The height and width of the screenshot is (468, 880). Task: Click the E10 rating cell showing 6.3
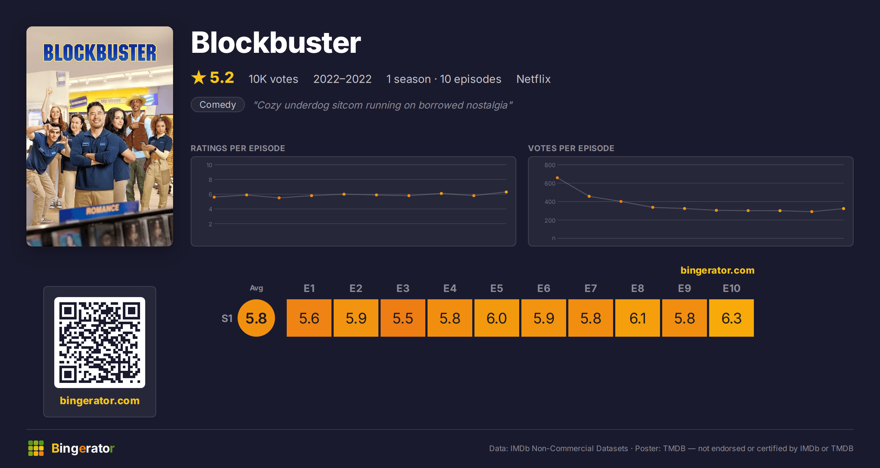(731, 318)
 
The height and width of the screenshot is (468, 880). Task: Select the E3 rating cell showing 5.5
(403, 318)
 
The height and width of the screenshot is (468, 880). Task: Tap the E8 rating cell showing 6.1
(638, 318)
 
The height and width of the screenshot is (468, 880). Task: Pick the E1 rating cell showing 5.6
(309, 318)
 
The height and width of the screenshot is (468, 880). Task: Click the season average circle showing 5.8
(256, 318)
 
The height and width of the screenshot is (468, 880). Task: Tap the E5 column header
(497, 288)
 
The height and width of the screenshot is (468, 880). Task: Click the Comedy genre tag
(218, 105)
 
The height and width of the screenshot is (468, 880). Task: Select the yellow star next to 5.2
(199, 77)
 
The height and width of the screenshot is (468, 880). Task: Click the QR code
(100, 343)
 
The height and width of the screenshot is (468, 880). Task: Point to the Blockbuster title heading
(276, 43)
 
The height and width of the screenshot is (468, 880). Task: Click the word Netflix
(533, 79)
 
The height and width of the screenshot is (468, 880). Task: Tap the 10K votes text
(274, 79)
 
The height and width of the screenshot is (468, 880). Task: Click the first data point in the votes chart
(557, 178)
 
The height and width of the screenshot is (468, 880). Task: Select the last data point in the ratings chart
(506, 192)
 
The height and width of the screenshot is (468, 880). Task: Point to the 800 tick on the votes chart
(550, 165)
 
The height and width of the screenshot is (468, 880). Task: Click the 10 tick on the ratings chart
(209, 165)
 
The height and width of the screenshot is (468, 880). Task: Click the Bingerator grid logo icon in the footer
(36, 448)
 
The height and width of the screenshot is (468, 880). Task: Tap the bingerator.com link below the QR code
(100, 401)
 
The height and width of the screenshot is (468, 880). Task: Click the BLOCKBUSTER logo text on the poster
(100, 52)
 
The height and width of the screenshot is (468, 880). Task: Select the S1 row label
(227, 318)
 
